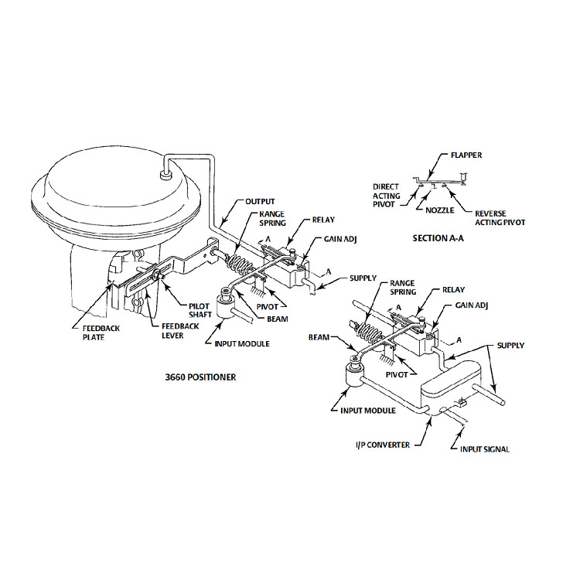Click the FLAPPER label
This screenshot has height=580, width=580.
tap(466, 155)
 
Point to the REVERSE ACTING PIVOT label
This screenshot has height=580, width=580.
tap(500, 217)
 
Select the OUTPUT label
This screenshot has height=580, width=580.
tap(260, 201)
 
